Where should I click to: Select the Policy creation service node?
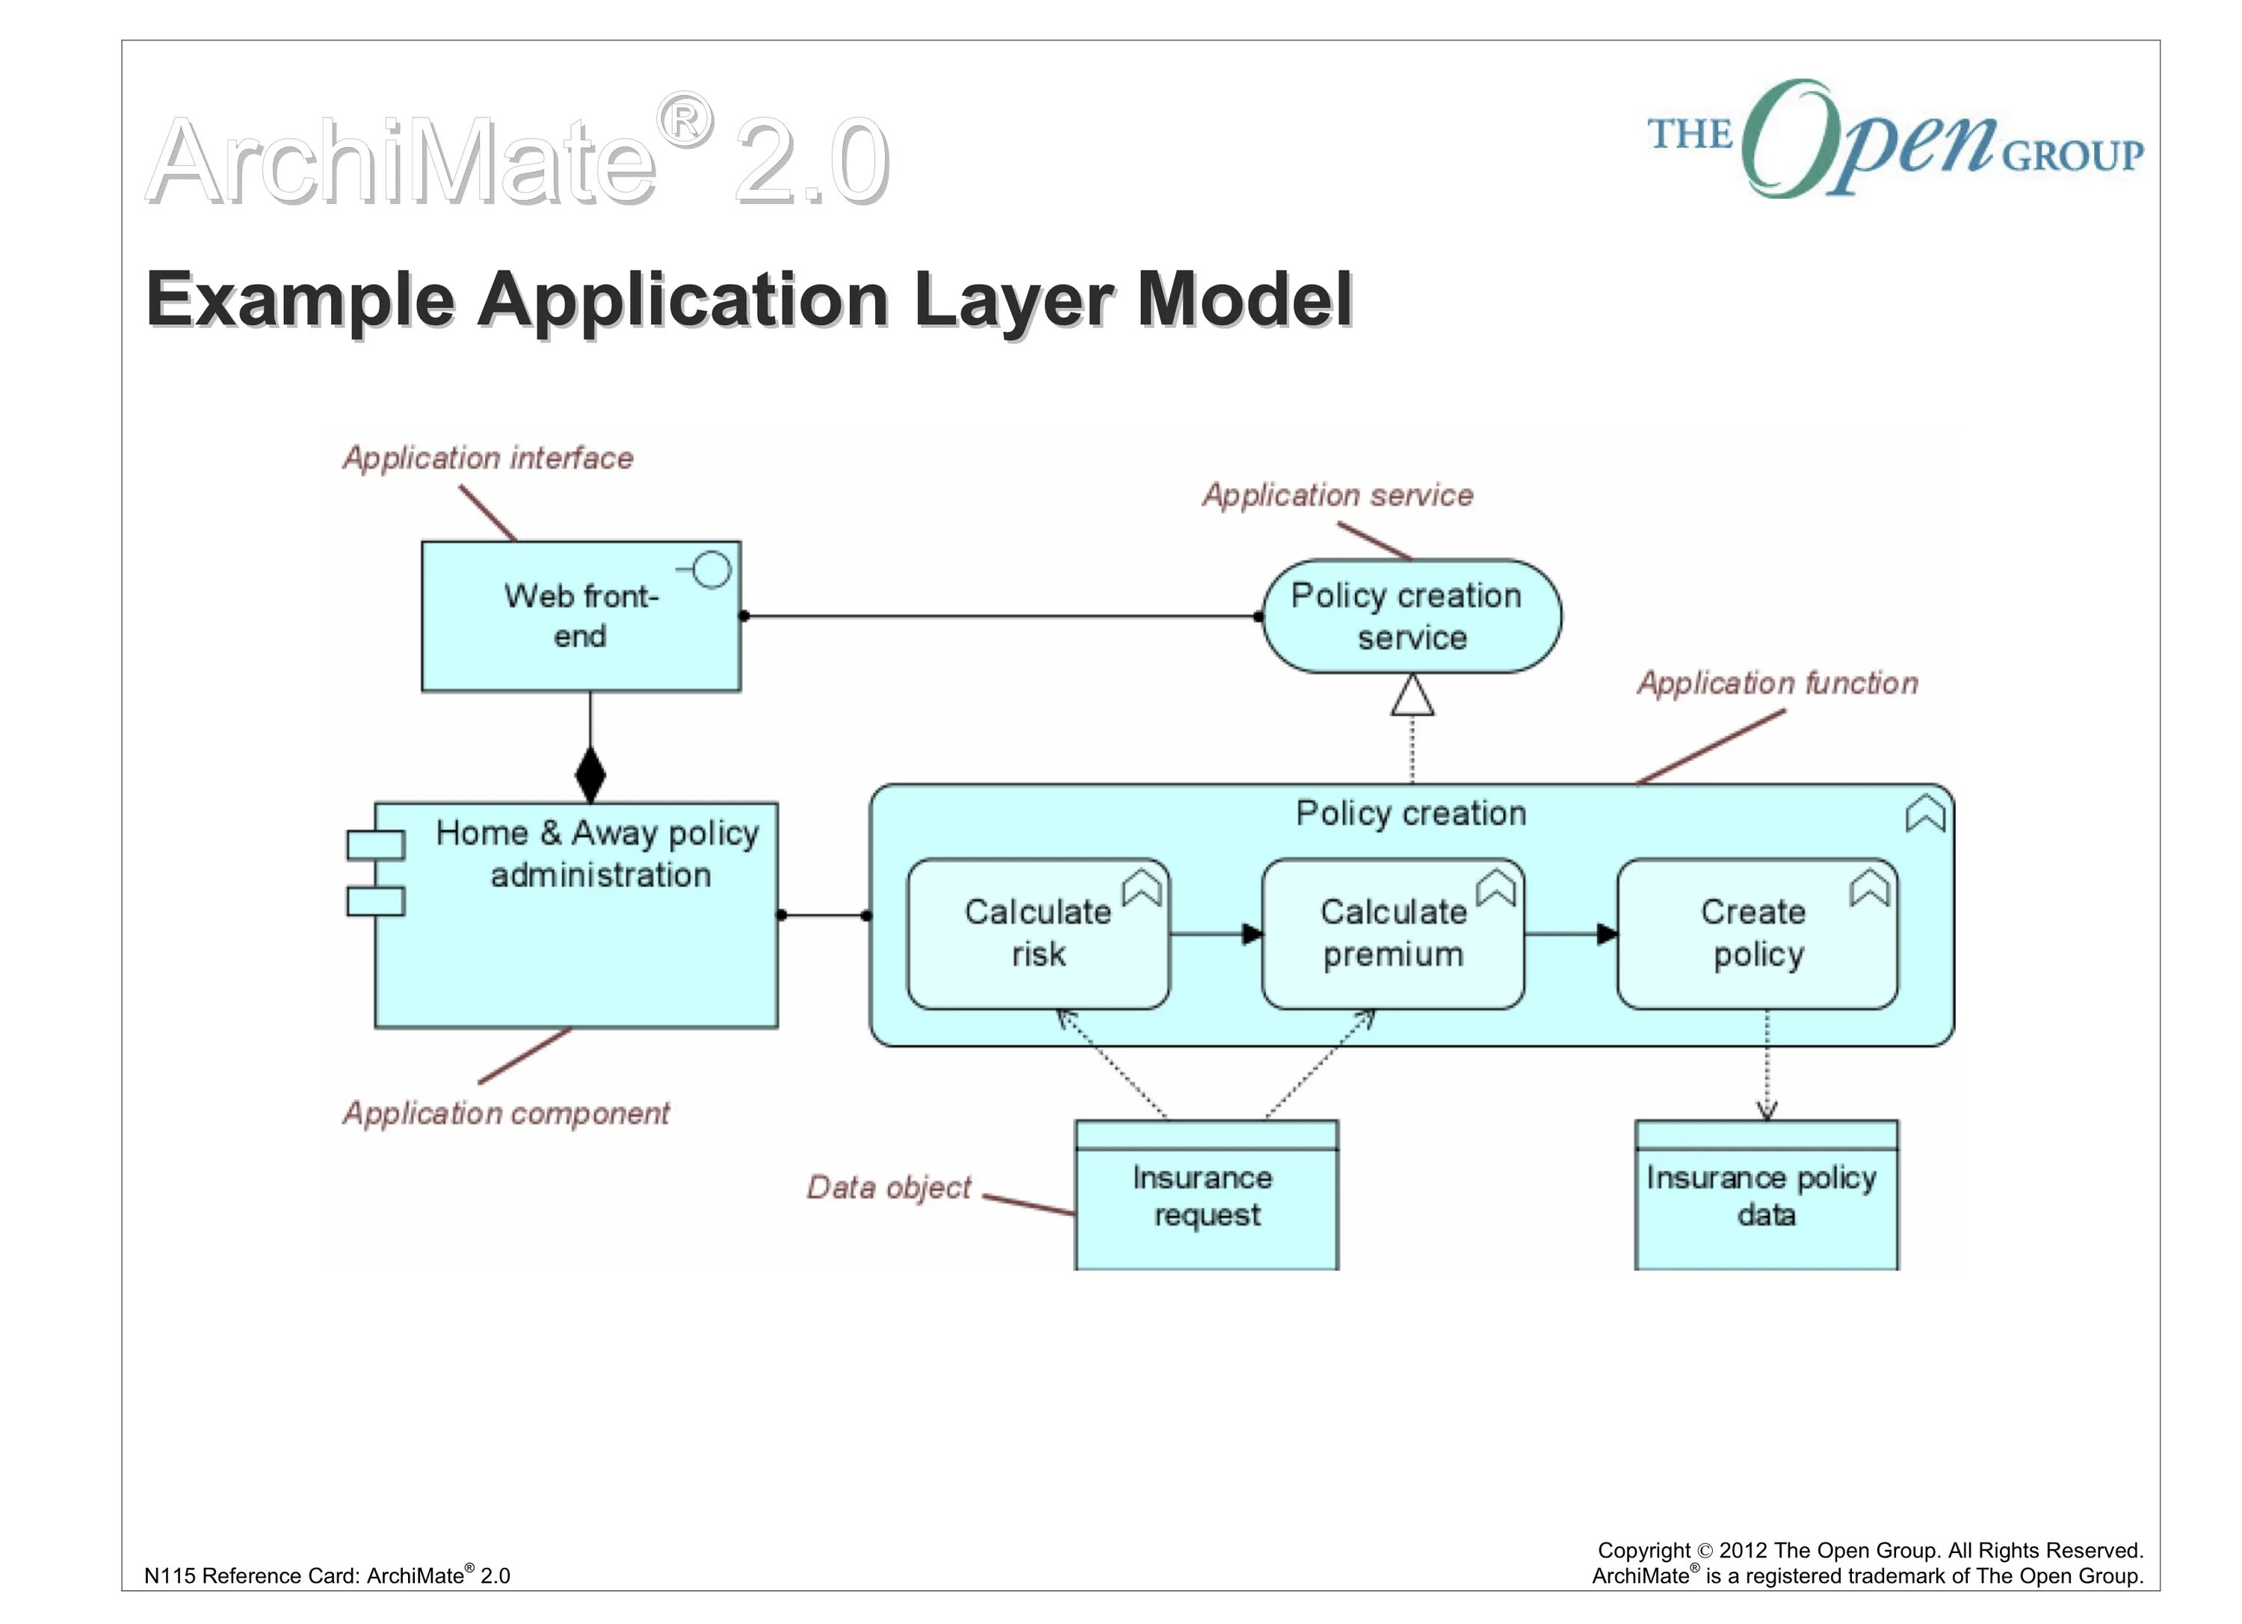point(1412,616)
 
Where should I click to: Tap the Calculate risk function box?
point(1038,934)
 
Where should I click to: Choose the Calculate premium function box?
point(1393,934)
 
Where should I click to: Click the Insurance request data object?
point(1206,1196)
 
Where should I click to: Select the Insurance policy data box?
point(1765,1196)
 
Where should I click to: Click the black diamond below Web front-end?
point(590,775)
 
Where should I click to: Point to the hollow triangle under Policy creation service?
point(1412,696)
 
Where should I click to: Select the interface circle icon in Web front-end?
point(711,570)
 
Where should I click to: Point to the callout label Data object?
point(889,1187)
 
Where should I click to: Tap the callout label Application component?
point(506,1114)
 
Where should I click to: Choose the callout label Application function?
point(1777,683)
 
